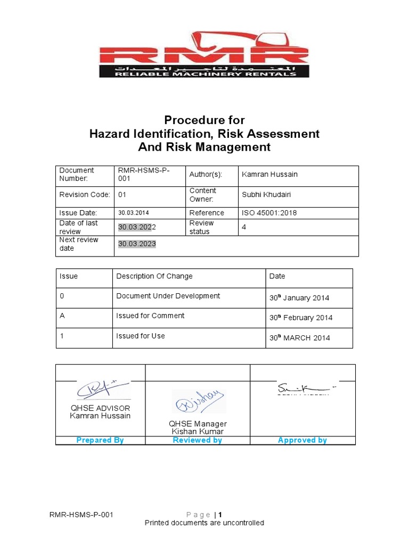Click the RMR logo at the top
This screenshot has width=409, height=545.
[x=204, y=54]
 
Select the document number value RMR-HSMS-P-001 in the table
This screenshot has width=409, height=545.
[x=140, y=175]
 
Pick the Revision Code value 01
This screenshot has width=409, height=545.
[x=122, y=195]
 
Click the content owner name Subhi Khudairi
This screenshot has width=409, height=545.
[x=266, y=195]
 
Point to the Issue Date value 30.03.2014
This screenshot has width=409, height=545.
[x=134, y=213]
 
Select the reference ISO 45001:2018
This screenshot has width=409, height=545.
[x=269, y=213]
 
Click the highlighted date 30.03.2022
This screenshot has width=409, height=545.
[x=137, y=227]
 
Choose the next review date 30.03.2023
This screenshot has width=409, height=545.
[x=137, y=244]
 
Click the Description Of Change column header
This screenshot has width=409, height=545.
[x=154, y=276]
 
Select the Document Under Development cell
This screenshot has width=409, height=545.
[x=168, y=296]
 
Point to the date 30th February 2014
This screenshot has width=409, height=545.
[x=301, y=318]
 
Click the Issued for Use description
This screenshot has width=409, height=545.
[x=141, y=336]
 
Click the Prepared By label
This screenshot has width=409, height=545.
[x=100, y=440]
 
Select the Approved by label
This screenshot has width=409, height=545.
[x=302, y=440]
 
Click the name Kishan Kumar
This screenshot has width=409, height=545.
[x=198, y=432]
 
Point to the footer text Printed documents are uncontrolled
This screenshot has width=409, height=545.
[x=204, y=523]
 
